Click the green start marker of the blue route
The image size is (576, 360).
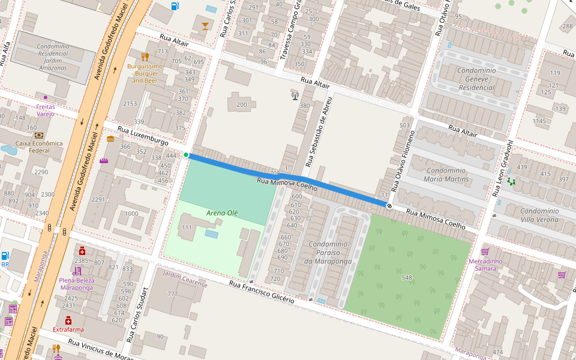click(186, 155)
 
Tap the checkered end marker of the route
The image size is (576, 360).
click(389, 206)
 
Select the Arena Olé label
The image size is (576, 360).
click(222, 213)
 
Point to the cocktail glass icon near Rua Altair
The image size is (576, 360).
click(206, 25)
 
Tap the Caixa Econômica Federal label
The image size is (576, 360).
click(39, 147)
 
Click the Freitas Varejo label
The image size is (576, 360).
click(46, 110)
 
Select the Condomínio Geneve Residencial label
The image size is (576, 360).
click(476, 79)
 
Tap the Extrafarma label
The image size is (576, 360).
click(68, 329)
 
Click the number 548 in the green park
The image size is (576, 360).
click(407, 277)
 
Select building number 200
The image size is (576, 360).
click(242, 105)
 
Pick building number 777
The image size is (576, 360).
click(173, 293)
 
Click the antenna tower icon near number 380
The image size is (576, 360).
click(295, 95)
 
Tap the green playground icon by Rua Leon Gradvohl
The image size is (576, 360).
click(511, 181)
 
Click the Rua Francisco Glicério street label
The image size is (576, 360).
click(262, 291)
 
